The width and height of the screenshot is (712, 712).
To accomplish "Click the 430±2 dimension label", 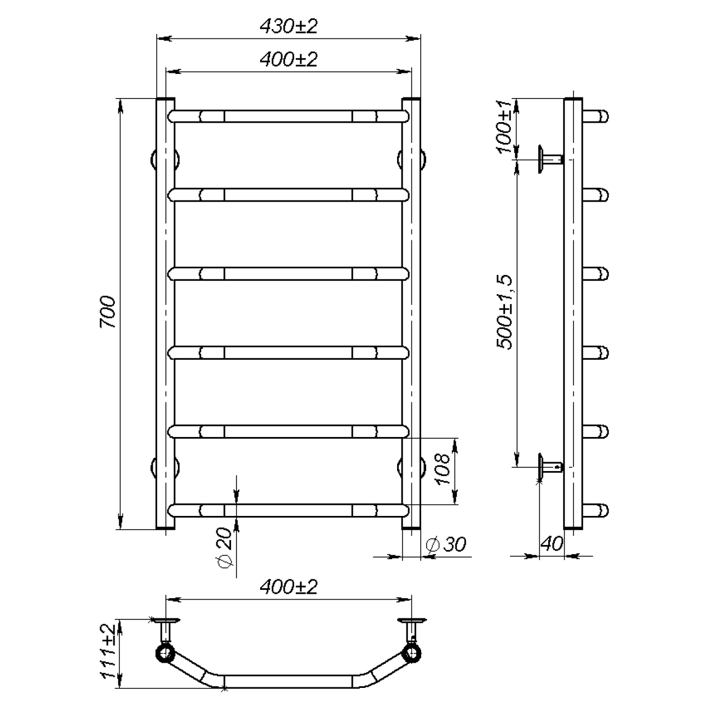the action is tap(289, 26).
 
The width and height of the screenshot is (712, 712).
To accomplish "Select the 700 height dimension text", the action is tap(108, 312).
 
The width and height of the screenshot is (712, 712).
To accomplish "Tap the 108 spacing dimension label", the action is tap(443, 469).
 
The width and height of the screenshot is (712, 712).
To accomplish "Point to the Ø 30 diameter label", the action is tap(446, 544).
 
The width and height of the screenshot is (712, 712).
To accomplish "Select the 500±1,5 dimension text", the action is tap(504, 312).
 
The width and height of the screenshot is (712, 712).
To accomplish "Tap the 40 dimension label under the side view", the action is tap(552, 543).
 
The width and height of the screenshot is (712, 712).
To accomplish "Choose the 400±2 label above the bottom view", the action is tap(289, 587).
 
